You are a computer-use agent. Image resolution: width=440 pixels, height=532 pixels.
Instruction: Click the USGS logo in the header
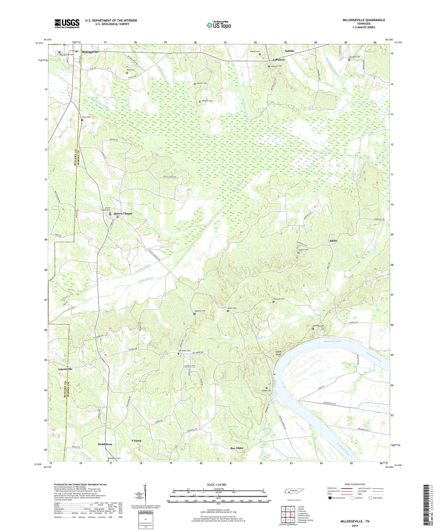click(x=67, y=23)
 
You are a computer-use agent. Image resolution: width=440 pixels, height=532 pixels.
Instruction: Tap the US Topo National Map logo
click(x=219, y=25)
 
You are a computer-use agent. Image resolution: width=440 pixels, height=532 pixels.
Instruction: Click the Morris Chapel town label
click(x=123, y=214)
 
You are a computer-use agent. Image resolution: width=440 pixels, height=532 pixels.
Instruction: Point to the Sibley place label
click(x=334, y=241)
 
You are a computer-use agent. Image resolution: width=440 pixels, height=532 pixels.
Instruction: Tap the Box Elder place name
click(x=237, y=448)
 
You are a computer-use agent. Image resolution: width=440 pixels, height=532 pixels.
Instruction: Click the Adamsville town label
click(x=65, y=369)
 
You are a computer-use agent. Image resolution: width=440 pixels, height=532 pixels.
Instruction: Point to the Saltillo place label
click(x=289, y=51)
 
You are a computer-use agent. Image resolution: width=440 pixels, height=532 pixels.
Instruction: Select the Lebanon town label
click(x=279, y=60)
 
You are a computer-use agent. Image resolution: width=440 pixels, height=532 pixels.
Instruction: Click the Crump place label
click(x=137, y=440)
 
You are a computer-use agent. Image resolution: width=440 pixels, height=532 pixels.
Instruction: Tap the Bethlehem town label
click(x=105, y=444)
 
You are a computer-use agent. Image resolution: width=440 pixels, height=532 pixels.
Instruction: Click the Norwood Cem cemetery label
click(x=279, y=299)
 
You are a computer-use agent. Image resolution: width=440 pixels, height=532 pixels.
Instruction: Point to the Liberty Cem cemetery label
click(x=303, y=250)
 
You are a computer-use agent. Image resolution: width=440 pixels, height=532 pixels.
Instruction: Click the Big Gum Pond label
click(x=348, y=364)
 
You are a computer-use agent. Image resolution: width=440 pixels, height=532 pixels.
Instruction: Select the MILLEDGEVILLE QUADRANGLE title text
click(x=360, y=20)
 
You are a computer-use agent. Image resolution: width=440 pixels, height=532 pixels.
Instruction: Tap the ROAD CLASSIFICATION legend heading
click(x=355, y=484)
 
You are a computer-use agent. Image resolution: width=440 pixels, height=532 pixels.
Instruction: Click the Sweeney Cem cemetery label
click(x=200, y=311)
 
